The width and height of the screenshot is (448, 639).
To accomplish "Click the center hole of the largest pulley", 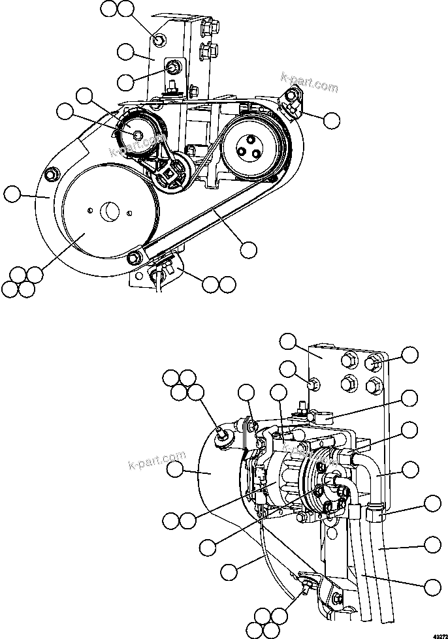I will coord(108,211).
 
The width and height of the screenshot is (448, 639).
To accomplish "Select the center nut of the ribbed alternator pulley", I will coord(138,134).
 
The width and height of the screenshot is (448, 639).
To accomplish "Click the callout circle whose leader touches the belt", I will coord(248,248).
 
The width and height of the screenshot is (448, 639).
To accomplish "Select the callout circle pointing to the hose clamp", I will coord(432,503).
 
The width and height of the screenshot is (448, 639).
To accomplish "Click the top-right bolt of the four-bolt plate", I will coord(373,362).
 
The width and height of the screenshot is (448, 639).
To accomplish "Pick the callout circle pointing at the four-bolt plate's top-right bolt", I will coord(409,354).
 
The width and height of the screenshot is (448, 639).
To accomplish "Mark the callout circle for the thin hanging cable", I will coord(229,572).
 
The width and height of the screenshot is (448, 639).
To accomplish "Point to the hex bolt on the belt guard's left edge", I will coord(52,174).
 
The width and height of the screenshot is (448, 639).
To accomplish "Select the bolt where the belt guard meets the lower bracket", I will coord(134,257).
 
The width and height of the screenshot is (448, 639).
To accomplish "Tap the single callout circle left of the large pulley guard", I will coord(12,194).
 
